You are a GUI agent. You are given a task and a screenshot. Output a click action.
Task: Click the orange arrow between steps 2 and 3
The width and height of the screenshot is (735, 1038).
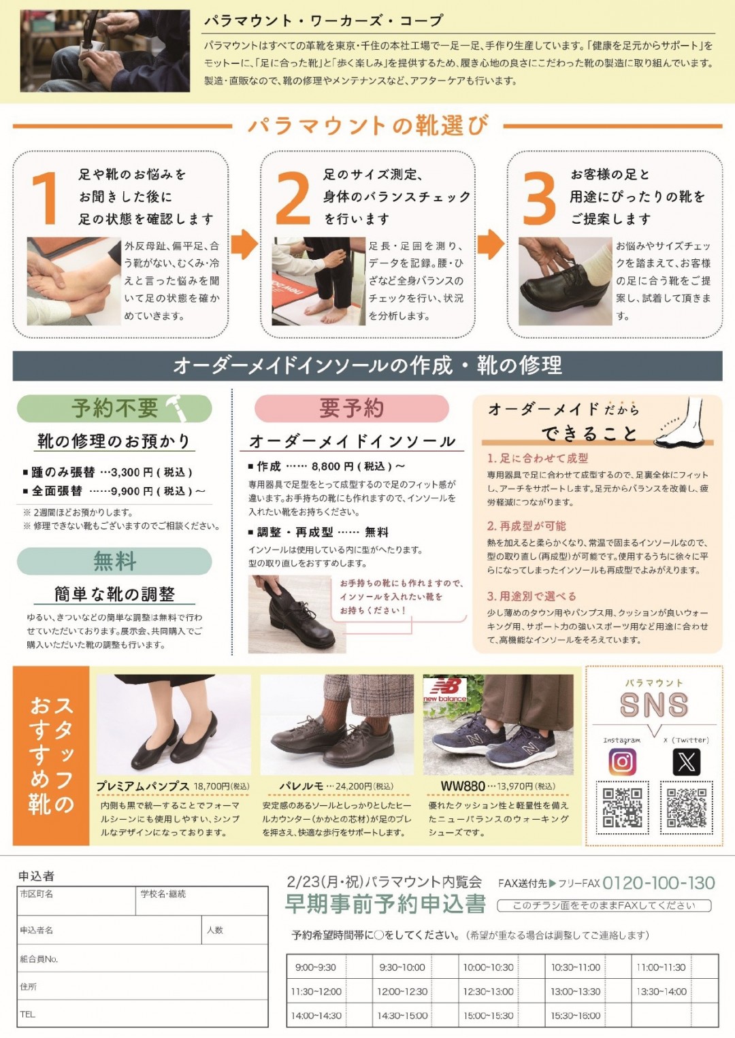[x=491, y=244]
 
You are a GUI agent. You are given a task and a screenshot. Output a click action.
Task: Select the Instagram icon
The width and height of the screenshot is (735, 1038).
[x=622, y=761]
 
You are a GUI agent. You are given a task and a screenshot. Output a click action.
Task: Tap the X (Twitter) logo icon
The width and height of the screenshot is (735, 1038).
[x=686, y=761]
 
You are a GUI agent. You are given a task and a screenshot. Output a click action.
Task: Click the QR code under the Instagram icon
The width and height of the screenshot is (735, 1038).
[x=622, y=807]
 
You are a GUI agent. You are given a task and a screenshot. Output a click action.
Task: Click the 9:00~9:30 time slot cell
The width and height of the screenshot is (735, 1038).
[x=315, y=967]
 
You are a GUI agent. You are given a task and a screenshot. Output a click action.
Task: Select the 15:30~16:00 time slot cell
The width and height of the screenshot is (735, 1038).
[x=576, y=1016]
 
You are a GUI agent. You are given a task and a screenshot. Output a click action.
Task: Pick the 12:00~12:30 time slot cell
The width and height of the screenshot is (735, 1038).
[x=402, y=991]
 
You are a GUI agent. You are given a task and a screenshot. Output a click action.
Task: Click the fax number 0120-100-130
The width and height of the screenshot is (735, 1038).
[x=659, y=883]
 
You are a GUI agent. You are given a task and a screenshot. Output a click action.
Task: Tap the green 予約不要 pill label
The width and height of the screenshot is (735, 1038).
[x=114, y=408]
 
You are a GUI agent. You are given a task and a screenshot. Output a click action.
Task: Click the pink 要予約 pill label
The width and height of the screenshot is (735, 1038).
[x=351, y=408]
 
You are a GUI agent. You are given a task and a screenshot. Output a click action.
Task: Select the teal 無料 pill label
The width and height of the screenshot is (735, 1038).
[x=114, y=561]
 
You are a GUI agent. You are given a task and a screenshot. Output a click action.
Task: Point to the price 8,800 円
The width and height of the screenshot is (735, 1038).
[x=333, y=466]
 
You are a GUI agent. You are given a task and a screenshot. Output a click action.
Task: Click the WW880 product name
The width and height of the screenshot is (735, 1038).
[x=462, y=786]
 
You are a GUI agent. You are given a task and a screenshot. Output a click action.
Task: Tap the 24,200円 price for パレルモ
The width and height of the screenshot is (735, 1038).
[x=353, y=786]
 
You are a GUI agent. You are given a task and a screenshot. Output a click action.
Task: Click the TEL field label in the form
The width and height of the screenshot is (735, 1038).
[x=27, y=1014]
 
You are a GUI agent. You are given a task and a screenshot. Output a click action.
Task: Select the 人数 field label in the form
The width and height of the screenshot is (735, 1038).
[x=214, y=930]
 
